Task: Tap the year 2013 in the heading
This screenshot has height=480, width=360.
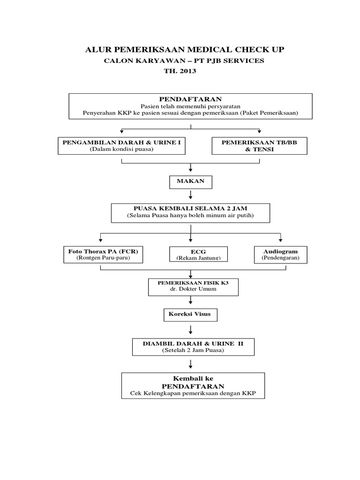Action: (187, 71)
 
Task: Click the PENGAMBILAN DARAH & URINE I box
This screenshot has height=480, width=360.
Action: (121, 145)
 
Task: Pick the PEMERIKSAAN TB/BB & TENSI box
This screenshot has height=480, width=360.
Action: (259, 145)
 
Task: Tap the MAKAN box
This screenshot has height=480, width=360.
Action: (190, 181)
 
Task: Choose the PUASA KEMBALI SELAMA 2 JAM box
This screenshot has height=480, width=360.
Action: (190, 212)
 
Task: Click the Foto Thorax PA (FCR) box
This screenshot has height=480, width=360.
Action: (103, 255)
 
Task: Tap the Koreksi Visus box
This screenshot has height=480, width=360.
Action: (190, 315)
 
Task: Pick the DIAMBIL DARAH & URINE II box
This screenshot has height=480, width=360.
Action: (193, 346)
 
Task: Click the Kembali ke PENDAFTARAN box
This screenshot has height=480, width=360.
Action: (193, 385)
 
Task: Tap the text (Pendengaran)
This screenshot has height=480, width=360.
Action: (280, 258)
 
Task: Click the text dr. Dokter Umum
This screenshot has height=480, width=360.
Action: (194, 290)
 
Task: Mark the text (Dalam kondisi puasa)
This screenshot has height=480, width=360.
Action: (121, 149)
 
